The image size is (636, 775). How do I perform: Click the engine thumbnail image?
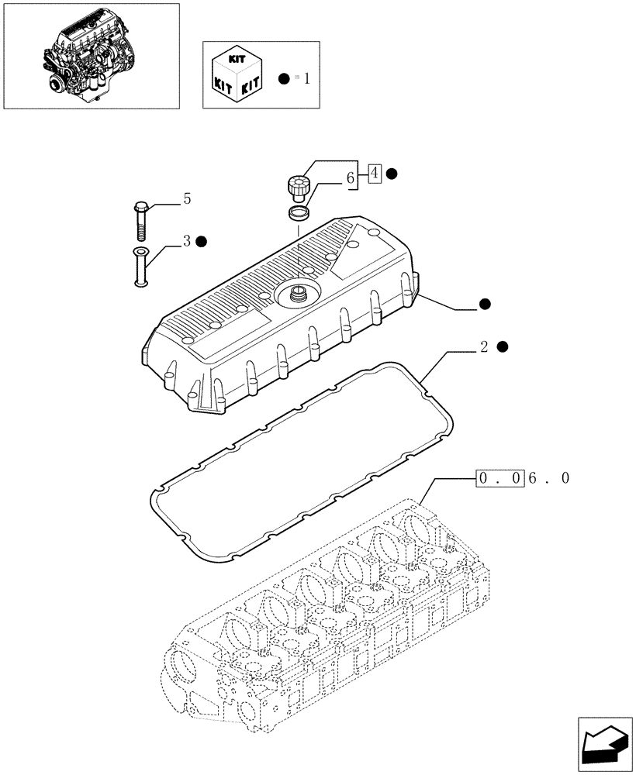[x=91, y=56]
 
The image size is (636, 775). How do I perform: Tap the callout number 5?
[x=186, y=200]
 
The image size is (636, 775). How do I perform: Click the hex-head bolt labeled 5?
[x=142, y=220]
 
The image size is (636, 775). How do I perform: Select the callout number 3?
[x=186, y=241]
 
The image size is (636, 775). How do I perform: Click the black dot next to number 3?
[x=202, y=241]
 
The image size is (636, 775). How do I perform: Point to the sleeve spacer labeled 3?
[x=142, y=267]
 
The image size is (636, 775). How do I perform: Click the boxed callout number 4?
[x=375, y=174]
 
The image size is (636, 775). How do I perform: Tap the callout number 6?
[x=351, y=178]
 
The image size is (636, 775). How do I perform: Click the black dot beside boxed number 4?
[x=392, y=174]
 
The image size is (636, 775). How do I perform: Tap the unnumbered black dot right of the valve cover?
[x=486, y=304]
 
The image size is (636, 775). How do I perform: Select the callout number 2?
[x=484, y=346]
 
